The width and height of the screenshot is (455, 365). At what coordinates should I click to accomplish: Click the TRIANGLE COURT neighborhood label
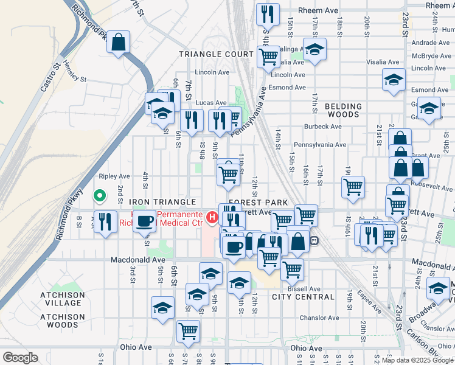point(216,54)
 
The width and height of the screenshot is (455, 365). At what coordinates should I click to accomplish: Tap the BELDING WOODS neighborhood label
point(343,110)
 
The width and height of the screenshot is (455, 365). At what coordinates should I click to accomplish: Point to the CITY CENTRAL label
point(303,297)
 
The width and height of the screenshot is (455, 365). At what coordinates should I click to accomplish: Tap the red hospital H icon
point(212,217)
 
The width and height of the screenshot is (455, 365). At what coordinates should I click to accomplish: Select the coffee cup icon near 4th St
point(144,221)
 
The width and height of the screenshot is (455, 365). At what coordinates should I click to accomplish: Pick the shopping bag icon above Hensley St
point(119,43)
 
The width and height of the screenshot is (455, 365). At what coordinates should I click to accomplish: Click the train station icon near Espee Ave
point(314,240)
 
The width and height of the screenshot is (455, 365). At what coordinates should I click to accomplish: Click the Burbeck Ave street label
point(324,127)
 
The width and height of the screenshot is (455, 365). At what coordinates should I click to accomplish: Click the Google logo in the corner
point(20,358)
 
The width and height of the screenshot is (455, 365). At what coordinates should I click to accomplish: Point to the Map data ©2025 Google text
point(417,360)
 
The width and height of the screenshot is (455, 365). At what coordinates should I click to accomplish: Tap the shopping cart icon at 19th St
point(353,187)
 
